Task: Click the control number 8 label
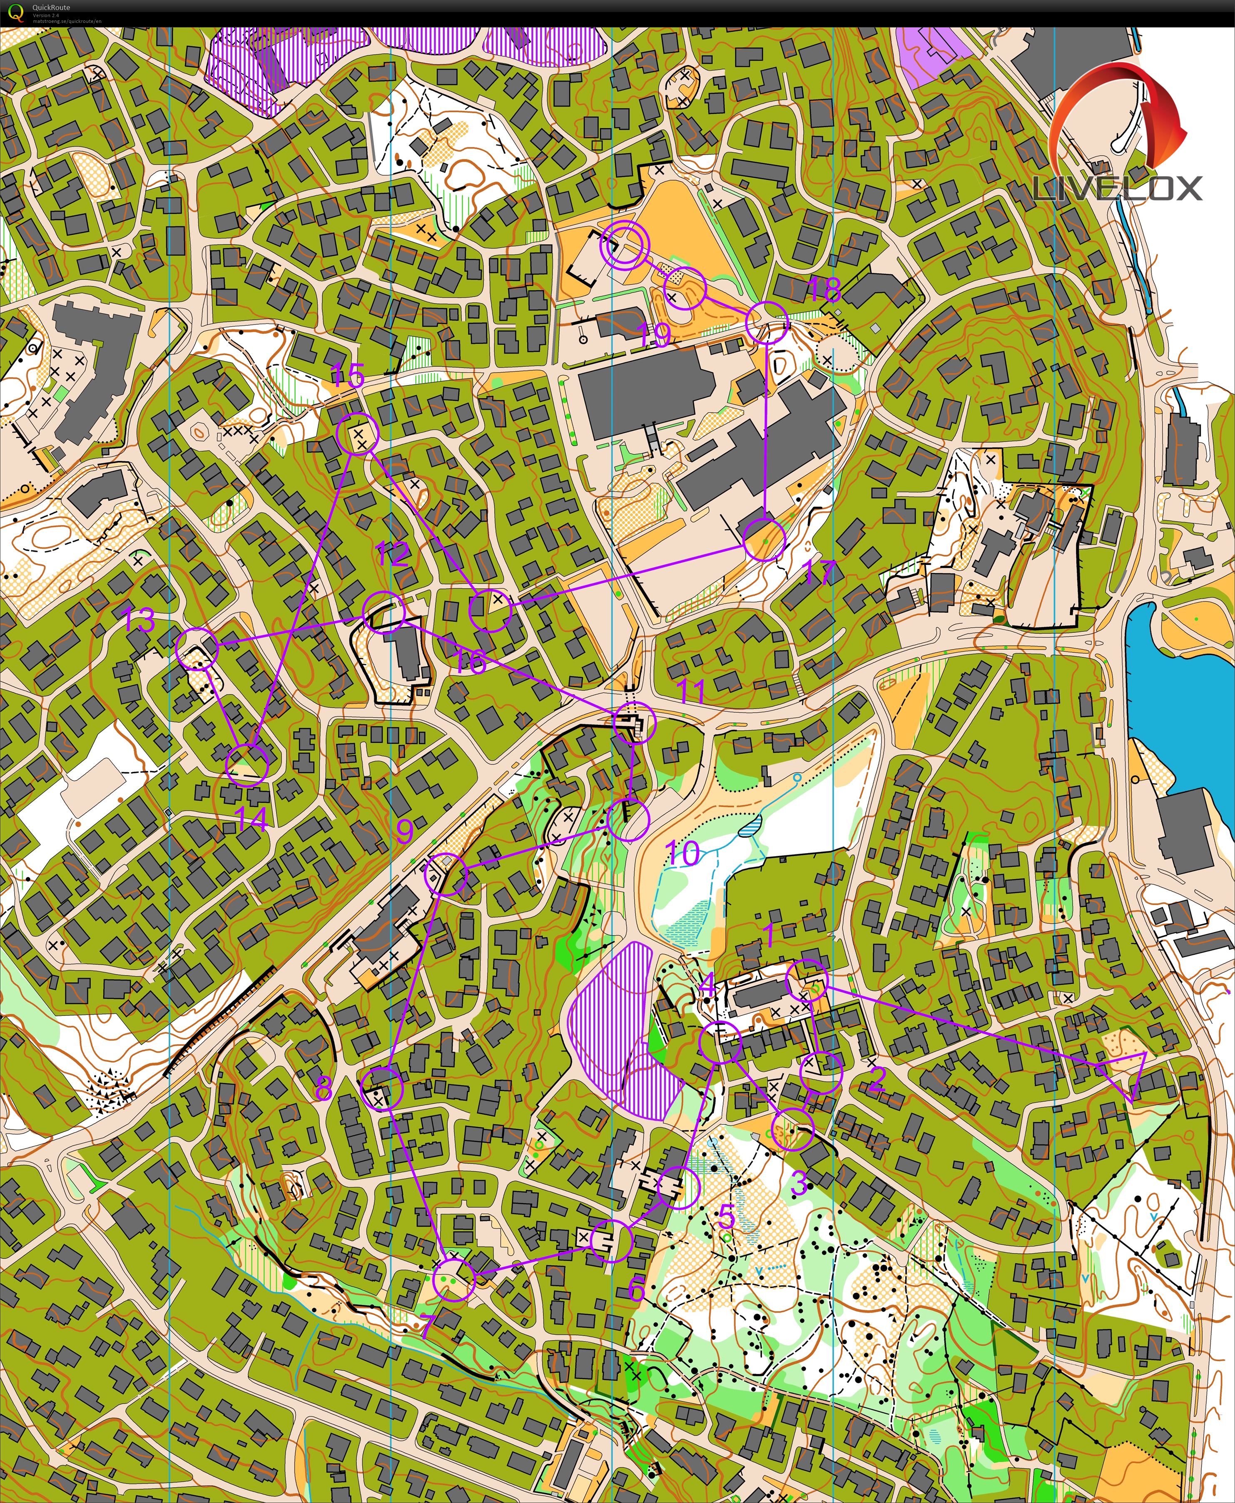tap(323, 1087)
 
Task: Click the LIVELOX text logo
tap(1117, 189)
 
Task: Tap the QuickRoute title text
tap(51, 7)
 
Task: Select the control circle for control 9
tap(446, 874)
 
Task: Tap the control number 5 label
tap(726, 1217)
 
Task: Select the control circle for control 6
tap(612, 1241)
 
